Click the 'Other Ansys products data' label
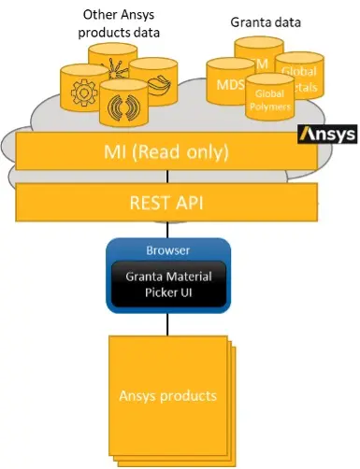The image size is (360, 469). pos(120,23)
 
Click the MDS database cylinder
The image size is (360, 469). pos(228,83)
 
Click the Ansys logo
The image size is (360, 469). pos(326,135)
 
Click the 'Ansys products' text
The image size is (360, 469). pos(167,395)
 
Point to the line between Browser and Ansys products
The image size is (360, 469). pos(168,323)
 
